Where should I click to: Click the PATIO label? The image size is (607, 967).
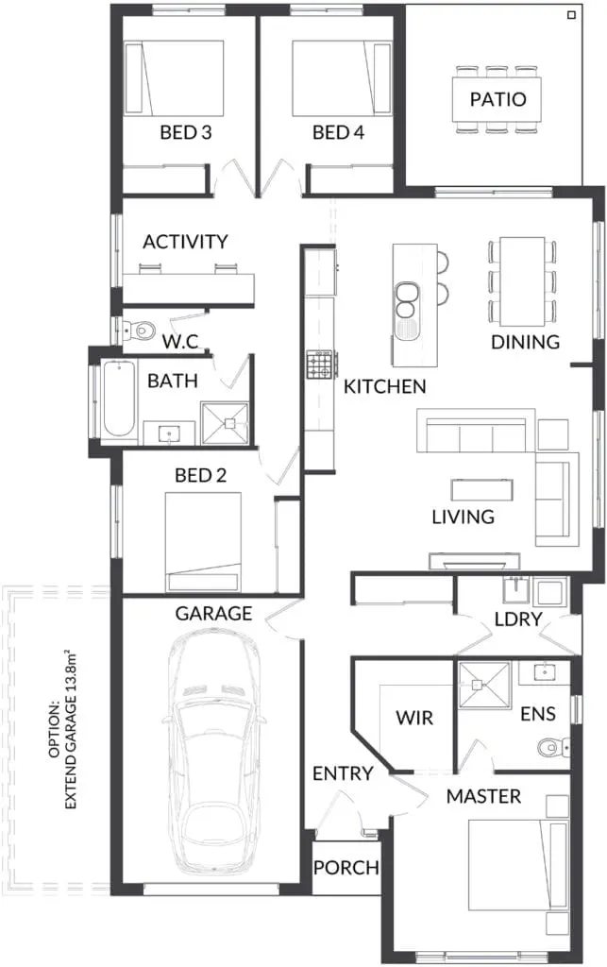click(497, 99)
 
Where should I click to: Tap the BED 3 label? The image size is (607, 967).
click(185, 132)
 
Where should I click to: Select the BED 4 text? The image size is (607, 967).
click(338, 132)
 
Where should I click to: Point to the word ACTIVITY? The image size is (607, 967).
click(185, 241)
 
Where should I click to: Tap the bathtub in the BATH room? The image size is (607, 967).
click(120, 399)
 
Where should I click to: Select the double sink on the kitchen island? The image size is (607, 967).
click(406, 300)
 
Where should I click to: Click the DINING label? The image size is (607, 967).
click(525, 342)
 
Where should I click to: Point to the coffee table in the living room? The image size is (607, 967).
click(481, 490)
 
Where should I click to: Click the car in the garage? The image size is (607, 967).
click(213, 754)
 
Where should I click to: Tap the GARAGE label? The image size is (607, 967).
click(214, 613)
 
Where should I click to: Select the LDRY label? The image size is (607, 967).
click(518, 619)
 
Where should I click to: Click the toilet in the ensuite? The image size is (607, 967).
click(552, 748)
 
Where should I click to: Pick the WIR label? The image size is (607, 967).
click(414, 718)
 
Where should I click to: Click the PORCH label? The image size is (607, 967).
click(346, 868)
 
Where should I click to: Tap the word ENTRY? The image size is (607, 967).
click(343, 773)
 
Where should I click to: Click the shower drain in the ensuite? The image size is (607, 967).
click(477, 685)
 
